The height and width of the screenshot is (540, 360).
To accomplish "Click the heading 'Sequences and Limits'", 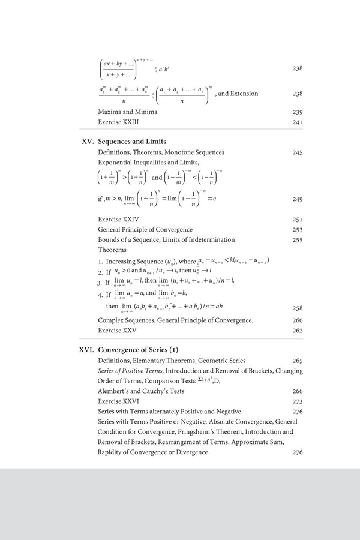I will (132, 142).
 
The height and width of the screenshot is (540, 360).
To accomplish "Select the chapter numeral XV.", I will (87, 142).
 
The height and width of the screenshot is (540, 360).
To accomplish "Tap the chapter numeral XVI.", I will (86, 349).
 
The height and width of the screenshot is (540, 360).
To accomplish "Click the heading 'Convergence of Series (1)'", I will (138, 349).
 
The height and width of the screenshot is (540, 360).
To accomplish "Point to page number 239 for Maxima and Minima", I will (297, 112).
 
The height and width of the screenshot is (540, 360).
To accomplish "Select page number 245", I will (297, 153).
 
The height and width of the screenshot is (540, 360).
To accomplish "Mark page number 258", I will (297, 308).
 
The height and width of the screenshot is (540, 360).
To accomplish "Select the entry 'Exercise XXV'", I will (118, 330).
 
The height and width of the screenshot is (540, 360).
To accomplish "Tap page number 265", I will (297, 361).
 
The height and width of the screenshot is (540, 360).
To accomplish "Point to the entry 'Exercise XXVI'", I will (118, 401).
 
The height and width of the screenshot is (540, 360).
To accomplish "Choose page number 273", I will (297, 401).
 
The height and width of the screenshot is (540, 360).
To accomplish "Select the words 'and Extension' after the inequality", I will (238, 94).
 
